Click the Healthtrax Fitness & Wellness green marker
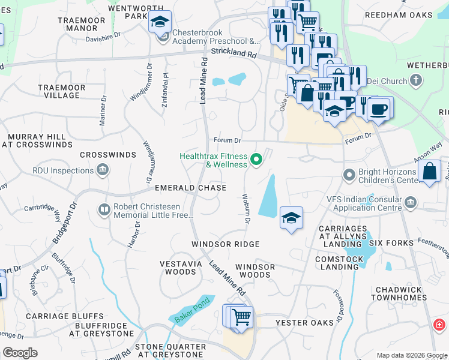(256, 159)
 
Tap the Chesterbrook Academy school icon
(160, 23)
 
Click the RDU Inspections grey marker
(102, 170)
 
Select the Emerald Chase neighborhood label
(190, 188)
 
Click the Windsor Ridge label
(225, 244)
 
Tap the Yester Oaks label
(304, 323)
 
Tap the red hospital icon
(439, 325)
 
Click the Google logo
(20, 353)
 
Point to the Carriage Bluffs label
(64, 316)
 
